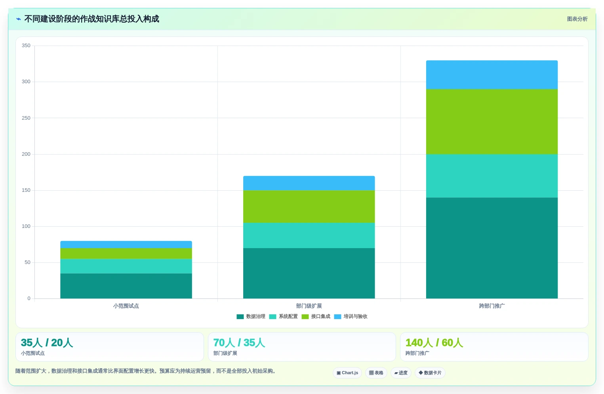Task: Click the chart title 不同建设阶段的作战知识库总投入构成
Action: click(x=91, y=19)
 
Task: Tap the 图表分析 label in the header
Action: click(x=577, y=19)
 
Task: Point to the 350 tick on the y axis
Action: click(x=26, y=45)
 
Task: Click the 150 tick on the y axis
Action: click(x=26, y=190)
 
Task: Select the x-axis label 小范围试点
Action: click(x=126, y=306)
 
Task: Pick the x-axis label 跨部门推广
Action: click(x=492, y=306)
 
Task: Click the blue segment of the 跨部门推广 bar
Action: click(x=492, y=75)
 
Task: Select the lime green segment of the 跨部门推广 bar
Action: click(x=492, y=122)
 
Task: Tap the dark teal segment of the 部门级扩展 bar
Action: click(x=309, y=273)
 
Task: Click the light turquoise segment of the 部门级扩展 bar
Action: click(x=309, y=235)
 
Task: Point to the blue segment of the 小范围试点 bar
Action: click(x=126, y=245)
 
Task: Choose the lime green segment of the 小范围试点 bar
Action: click(x=126, y=253)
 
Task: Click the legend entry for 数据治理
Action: click(x=251, y=316)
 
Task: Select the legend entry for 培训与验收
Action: click(x=351, y=316)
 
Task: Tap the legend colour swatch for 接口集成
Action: click(x=305, y=317)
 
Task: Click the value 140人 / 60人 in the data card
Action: click(x=434, y=343)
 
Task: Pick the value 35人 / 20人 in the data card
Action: click(x=47, y=343)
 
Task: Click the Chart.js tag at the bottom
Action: click(x=347, y=373)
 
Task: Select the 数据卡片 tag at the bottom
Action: click(x=430, y=373)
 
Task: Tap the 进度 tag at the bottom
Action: click(x=401, y=373)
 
